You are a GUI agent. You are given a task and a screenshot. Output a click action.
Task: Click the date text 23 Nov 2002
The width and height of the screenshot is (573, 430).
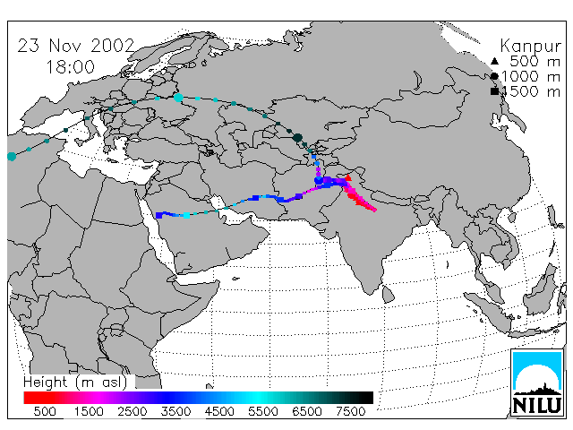pos(76,46)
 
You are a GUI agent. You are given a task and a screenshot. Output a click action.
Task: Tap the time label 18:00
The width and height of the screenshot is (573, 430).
pos(70,67)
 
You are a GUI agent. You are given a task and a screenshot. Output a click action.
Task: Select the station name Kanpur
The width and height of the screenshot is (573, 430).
pos(530,47)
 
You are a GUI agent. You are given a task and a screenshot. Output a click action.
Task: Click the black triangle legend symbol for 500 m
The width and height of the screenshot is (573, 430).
pos(494,61)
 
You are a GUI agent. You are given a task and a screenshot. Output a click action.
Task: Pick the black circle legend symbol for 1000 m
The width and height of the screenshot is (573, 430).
pos(494,76)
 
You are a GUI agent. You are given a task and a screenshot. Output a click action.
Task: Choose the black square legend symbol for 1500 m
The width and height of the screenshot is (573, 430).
pos(494,91)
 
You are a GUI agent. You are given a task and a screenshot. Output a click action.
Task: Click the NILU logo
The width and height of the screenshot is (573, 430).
pos(536,383)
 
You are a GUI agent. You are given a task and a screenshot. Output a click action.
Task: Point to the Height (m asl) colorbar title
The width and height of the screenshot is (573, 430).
pos(75,383)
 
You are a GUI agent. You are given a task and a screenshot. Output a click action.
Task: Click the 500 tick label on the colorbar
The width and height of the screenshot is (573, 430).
pos(45,411)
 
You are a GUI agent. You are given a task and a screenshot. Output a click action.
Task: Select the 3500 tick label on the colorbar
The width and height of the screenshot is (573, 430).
pos(175,411)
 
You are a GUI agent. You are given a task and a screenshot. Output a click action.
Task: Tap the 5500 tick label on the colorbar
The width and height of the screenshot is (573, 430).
pos(262,411)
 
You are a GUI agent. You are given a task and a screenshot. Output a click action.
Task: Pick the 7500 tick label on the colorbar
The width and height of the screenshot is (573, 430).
pos(350,411)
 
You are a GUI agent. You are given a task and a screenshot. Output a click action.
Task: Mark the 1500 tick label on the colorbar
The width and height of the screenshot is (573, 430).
pos(89,411)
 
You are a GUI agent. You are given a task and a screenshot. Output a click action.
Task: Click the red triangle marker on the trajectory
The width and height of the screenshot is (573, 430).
pos(348,178)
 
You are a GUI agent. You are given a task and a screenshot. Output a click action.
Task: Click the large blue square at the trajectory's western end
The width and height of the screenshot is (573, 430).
pos(159,215)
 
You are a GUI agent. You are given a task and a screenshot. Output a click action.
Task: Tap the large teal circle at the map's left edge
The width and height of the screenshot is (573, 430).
pos(12,157)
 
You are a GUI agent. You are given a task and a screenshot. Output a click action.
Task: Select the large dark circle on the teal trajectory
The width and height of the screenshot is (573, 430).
pos(297,138)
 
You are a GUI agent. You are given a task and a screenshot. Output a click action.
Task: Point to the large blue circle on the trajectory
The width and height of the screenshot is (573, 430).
pos(319,180)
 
